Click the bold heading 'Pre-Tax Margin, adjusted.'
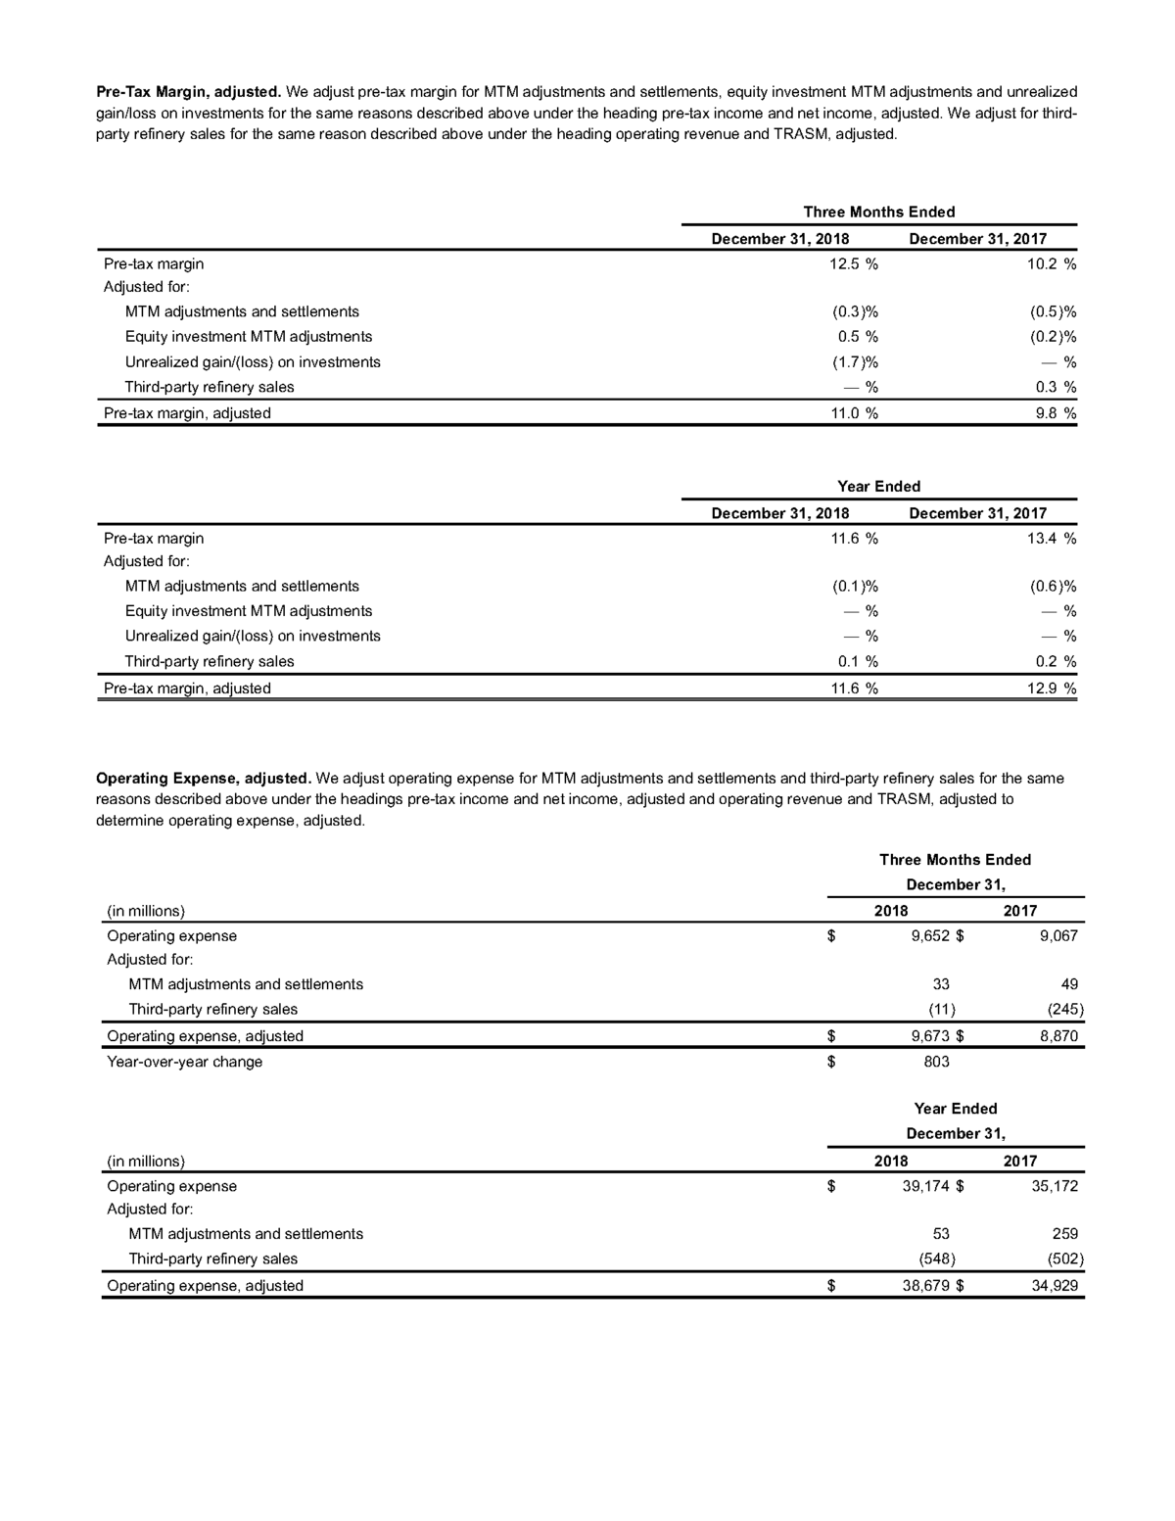188,92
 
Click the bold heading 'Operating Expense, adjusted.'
203,779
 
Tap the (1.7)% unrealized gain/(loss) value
848,362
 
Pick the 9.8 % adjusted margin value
1056,413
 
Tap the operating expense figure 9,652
929,935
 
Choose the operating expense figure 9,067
1058,935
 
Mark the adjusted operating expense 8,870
1058,1036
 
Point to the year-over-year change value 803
936,1062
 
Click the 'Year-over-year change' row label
184,1062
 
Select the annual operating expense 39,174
925,1186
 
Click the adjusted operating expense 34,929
1055,1286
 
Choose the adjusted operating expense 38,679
925,1286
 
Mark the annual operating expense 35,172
1055,1186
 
